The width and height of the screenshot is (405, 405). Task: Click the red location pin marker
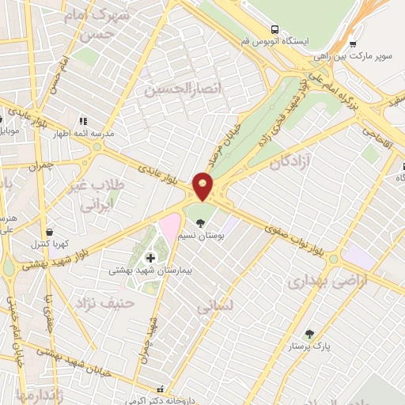click(203, 185)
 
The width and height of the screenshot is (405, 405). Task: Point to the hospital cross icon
click(150, 257)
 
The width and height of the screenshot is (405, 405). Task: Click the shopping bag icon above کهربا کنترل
click(51, 233)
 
